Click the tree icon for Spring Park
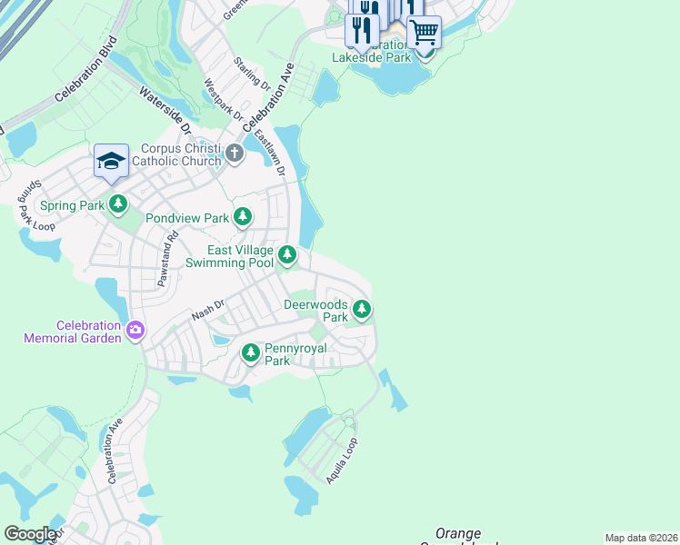(x=117, y=205)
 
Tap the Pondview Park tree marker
(x=242, y=217)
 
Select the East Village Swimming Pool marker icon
(x=287, y=255)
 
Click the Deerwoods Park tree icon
(x=362, y=310)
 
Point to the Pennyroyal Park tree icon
(x=251, y=352)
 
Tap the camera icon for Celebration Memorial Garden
(x=135, y=331)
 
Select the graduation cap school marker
(x=111, y=162)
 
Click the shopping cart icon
(x=424, y=33)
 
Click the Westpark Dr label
(x=224, y=100)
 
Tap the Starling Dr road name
(x=252, y=73)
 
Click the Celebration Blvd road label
(x=87, y=69)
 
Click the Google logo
(x=30, y=534)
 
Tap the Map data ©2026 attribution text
(x=641, y=538)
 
